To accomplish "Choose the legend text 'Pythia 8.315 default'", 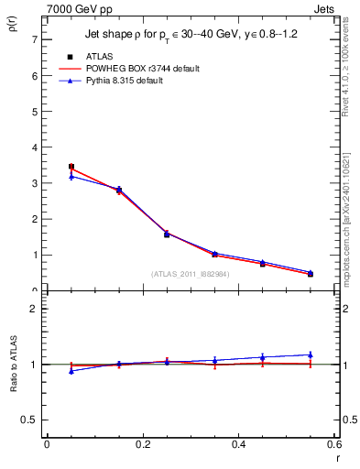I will (x=135, y=81).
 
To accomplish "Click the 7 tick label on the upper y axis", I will (x=34, y=39).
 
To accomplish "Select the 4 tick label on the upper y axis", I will (x=34, y=147).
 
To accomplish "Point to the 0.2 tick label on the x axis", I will (x=142, y=445).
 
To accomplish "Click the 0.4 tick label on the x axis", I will (x=238, y=445).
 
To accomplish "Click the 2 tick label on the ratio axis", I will (x=34, y=309).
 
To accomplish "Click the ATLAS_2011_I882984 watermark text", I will (x=191, y=274).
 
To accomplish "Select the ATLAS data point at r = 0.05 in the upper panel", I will (x=71, y=167).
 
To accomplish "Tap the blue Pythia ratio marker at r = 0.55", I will (x=310, y=354).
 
